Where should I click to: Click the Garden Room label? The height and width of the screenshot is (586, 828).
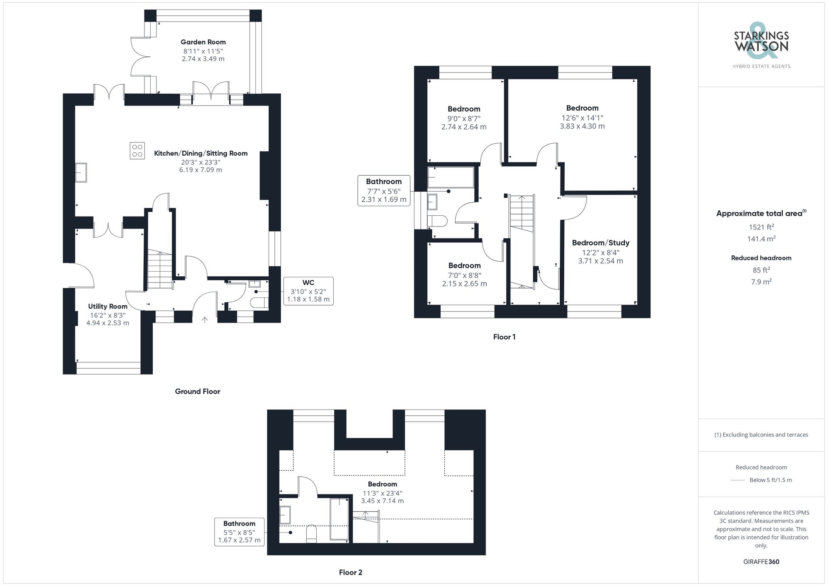[203, 42]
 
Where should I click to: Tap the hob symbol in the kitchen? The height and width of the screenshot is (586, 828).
[137, 151]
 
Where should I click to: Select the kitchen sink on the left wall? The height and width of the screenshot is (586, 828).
[81, 172]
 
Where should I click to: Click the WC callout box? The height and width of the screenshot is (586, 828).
[308, 291]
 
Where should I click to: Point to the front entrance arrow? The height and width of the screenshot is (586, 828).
[205, 320]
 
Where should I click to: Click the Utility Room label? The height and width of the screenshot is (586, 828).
[108, 306]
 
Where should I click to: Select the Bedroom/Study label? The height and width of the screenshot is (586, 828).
[600, 243]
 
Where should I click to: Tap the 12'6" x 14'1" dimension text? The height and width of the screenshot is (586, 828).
[582, 118]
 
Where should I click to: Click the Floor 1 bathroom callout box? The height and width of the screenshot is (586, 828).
[384, 191]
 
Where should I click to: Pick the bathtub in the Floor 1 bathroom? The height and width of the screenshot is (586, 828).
[450, 177]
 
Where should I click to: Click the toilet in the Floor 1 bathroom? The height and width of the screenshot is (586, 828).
[437, 221]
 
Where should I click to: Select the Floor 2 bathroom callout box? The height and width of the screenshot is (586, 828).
[239, 532]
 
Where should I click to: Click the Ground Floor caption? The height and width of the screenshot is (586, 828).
[197, 391]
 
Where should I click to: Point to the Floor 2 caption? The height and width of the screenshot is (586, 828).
[350, 572]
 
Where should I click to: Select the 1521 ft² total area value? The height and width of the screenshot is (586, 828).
[761, 227]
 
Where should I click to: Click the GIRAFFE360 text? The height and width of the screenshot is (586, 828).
[761, 562]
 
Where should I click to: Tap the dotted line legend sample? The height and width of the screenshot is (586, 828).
[738, 480]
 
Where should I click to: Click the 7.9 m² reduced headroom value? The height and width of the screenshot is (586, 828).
[761, 282]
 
